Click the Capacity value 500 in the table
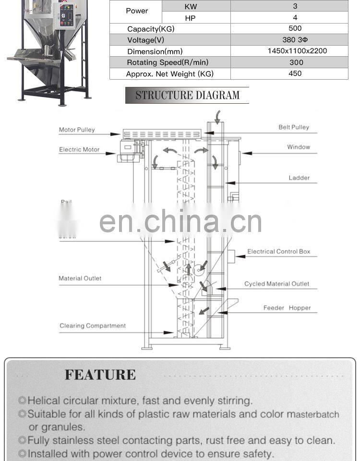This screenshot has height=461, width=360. [x=295, y=28]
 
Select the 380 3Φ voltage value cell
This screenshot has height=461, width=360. [x=295, y=40]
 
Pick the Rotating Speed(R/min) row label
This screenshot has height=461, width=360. [x=168, y=62]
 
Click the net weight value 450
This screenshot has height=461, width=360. [x=295, y=73]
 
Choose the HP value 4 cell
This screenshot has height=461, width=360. [x=295, y=17]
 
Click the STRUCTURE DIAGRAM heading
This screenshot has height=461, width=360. [x=187, y=95]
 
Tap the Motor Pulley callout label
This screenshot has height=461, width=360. [x=77, y=130]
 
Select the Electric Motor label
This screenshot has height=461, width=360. [x=79, y=149]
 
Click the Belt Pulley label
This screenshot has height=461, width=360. [x=294, y=127]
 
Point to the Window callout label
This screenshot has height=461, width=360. [x=299, y=147]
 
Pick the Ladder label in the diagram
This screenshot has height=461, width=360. [x=299, y=178]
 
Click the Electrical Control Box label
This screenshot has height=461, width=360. [x=279, y=251]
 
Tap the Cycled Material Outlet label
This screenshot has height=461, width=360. [x=276, y=284]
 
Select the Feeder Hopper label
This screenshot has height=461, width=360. [x=287, y=308]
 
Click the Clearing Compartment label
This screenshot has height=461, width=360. [x=93, y=326]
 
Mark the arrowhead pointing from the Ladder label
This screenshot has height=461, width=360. [x=228, y=183]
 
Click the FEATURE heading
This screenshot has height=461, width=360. [x=100, y=375]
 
